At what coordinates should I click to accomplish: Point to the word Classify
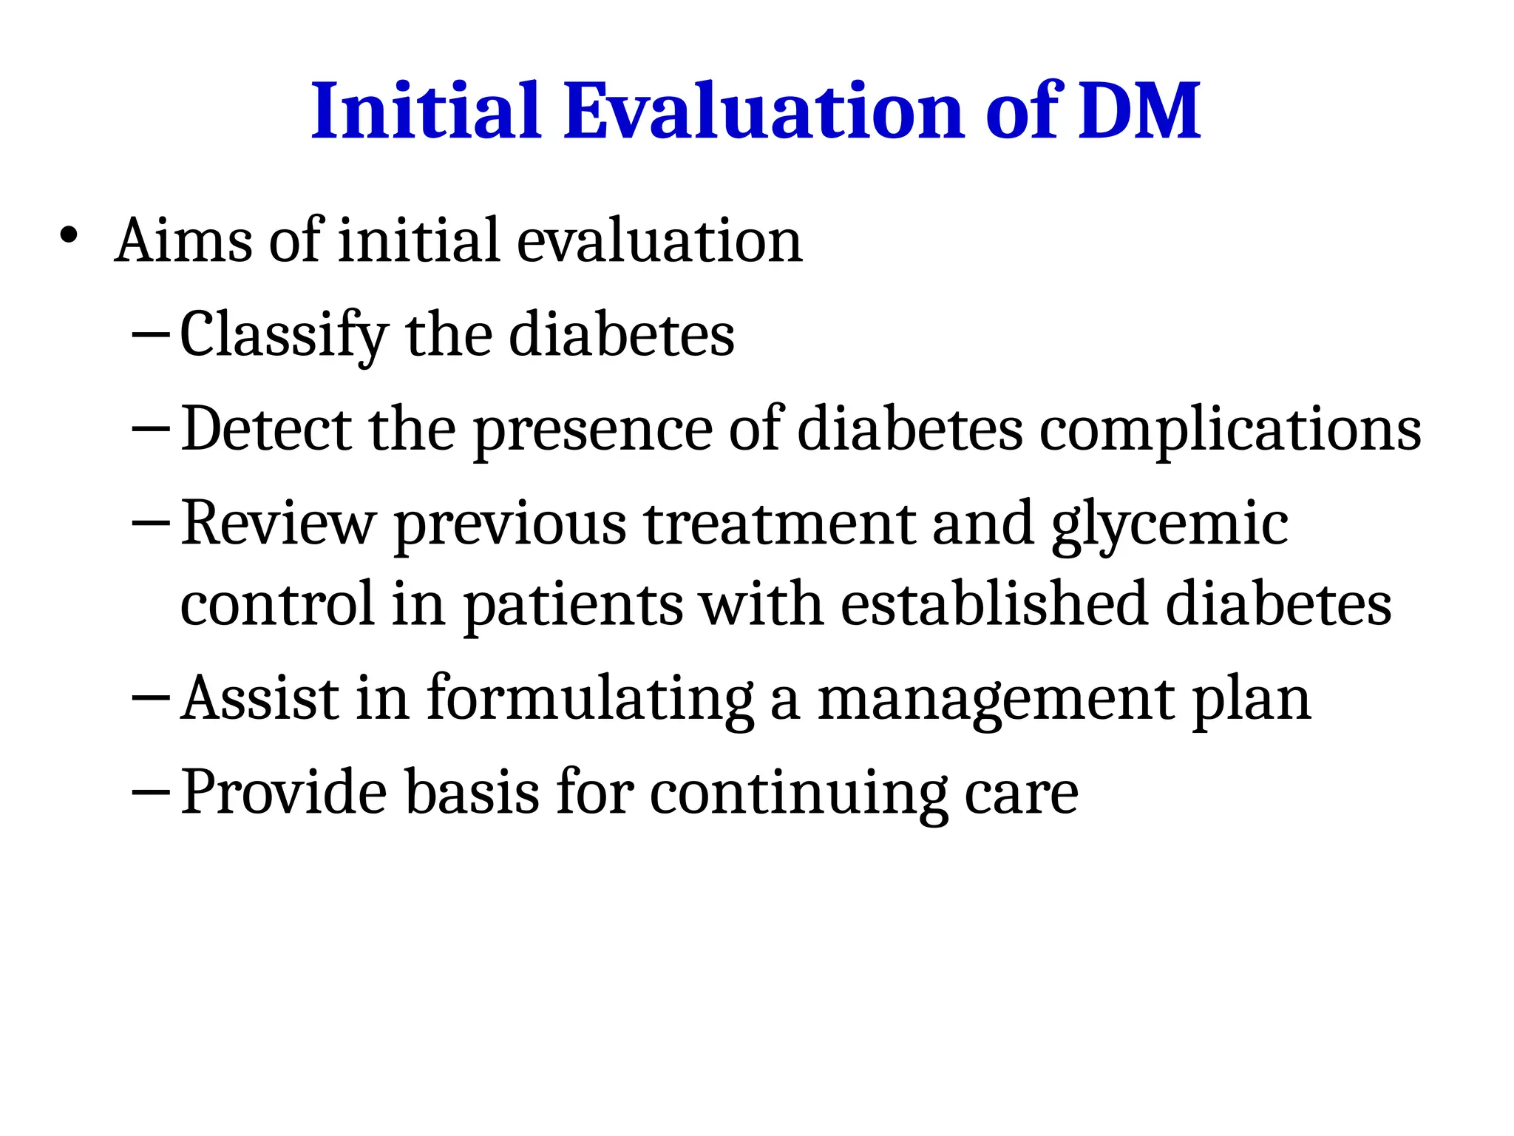(x=284, y=335)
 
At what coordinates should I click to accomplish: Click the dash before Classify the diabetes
(x=151, y=334)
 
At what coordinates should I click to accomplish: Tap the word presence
(x=592, y=430)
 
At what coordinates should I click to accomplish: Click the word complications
(x=1230, y=430)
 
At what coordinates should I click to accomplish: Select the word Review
(x=278, y=524)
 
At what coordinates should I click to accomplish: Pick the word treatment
(x=780, y=524)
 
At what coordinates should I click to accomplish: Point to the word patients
(x=573, y=606)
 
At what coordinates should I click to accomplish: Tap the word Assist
(x=259, y=698)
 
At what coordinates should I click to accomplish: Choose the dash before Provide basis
(x=151, y=791)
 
